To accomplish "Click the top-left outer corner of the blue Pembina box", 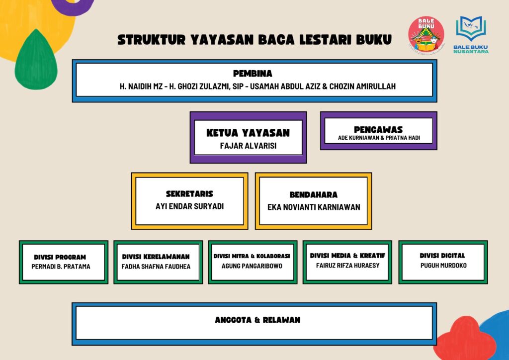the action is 72,59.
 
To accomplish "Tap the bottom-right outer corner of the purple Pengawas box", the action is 437,150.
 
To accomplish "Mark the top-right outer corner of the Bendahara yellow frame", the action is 372,173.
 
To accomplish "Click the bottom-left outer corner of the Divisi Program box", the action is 19,284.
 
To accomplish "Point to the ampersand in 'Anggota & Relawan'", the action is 257,320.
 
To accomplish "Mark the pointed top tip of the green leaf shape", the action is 36,29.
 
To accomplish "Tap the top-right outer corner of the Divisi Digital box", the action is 488,241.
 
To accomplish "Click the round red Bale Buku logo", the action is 426,35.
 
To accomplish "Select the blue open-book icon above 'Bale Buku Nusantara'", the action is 471,28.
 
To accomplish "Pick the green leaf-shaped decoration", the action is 36,60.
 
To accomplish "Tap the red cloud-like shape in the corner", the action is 465,339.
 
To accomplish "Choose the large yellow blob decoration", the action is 36,26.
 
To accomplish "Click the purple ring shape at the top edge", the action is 73,6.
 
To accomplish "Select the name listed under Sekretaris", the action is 189,206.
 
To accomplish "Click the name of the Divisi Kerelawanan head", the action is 156,267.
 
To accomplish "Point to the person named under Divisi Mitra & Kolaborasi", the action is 252,266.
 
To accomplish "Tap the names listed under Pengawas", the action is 379,138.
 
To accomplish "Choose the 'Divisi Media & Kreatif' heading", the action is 347,256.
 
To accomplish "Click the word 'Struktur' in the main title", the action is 151,40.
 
